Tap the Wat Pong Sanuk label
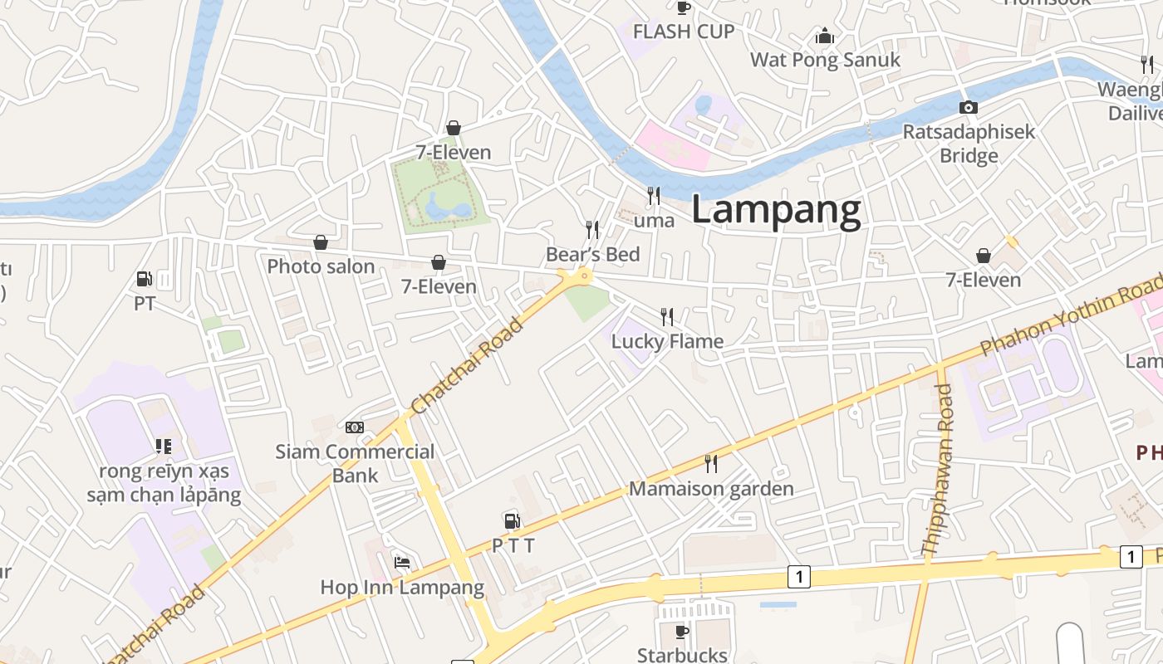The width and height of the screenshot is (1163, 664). [825, 60]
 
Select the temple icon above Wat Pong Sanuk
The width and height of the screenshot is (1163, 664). [825, 36]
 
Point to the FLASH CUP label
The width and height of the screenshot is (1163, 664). [684, 32]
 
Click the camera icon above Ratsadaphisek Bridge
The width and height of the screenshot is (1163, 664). [968, 107]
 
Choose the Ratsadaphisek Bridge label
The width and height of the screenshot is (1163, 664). [969, 144]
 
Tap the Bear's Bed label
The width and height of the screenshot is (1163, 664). [592, 254]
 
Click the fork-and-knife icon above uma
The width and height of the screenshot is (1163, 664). [654, 196]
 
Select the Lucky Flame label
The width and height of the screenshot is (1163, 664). [667, 341]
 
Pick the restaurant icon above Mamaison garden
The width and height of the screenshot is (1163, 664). [710, 463]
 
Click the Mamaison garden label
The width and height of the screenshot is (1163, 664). [711, 489]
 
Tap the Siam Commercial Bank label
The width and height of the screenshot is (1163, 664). [355, 463]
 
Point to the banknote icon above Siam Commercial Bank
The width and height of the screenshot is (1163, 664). [355, 427]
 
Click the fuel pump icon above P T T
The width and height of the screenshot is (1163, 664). [512, 520]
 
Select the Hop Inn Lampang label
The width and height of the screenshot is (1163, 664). [402, 588]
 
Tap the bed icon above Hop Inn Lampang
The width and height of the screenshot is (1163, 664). [402, 562]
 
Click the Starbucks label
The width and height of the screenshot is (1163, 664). [682, 655]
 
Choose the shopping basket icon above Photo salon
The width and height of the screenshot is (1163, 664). [320, 242]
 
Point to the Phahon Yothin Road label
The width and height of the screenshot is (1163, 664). [1072, 315]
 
